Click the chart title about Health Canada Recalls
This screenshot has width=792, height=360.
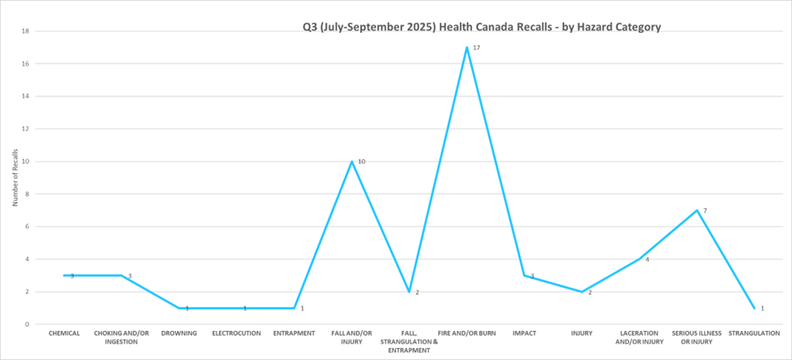tap(481, 27)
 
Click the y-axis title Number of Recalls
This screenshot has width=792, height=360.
tap(15, 178)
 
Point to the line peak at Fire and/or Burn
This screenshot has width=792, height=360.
tap(467, 47)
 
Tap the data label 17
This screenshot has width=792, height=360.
tap(476, 48)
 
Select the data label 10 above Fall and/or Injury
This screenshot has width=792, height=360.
tap(361, 162)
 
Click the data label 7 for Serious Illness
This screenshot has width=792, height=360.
tap(705, 211)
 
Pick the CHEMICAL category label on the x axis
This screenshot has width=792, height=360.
tap(64, 333)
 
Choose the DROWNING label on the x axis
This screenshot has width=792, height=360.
tap(180, 333)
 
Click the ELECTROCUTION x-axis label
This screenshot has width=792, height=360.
tap(236, 333)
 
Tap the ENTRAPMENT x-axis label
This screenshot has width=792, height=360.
tap(294, 333)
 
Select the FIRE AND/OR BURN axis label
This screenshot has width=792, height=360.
tap(467, 333)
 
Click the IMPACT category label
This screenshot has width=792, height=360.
tap(524, 333)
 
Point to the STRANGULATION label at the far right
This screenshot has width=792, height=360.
tap(754, 333)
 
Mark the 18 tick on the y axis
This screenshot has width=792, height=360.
tap(25, 31)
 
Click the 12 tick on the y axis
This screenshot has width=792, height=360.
tap(25, 129)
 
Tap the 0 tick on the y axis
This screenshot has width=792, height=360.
tap(27, 324)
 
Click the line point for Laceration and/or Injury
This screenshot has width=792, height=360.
tap(639, 259)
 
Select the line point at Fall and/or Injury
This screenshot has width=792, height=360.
tap(352, 162)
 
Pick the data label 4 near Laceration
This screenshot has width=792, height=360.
tap(647, 259)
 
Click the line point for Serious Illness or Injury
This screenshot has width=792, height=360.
tap(696, 210)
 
